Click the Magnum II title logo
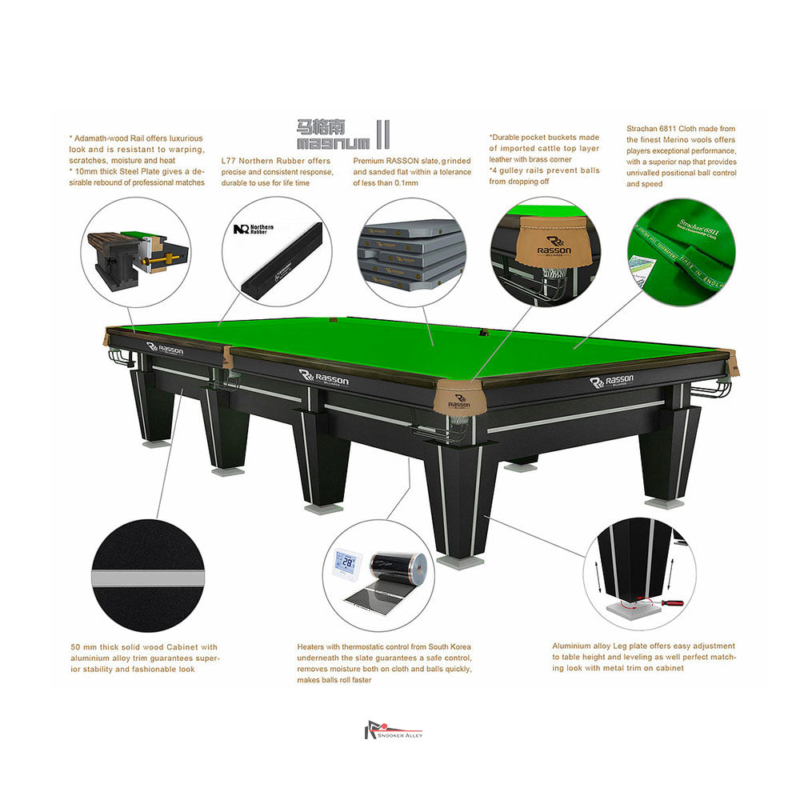(342, 134)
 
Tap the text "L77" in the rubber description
(229, 160)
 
